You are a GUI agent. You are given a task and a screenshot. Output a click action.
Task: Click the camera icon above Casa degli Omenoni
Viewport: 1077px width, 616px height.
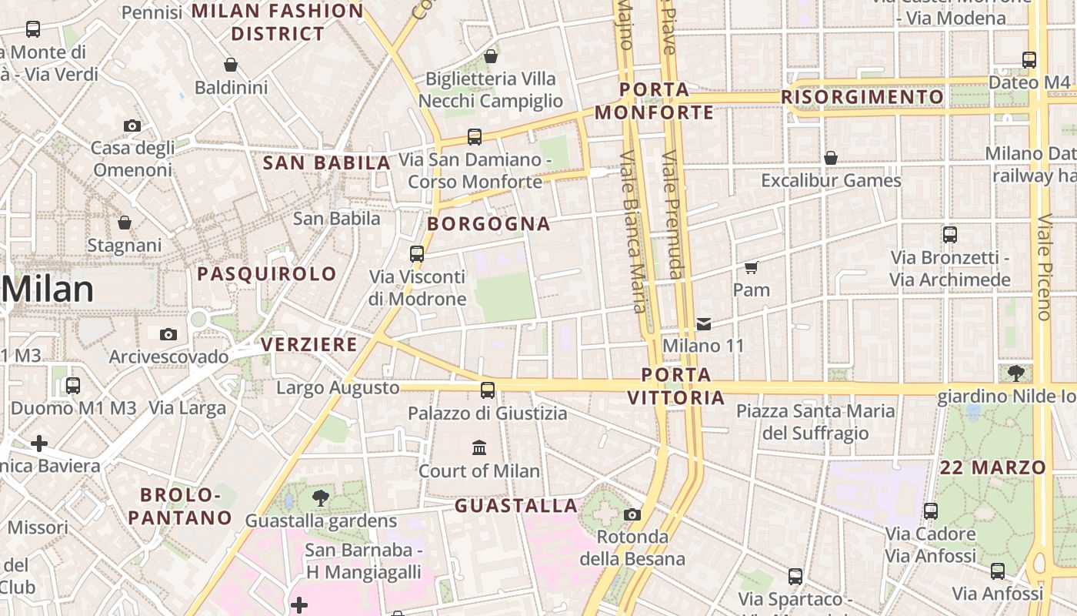[132, 126]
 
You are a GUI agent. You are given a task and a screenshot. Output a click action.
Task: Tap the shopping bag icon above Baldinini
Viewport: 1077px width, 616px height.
[230, 65]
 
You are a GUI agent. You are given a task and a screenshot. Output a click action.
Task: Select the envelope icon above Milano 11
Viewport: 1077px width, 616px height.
[704, 324]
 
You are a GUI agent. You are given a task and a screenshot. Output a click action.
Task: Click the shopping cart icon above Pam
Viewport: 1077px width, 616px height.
[751, 268]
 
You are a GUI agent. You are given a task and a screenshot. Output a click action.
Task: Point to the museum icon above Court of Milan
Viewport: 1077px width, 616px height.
[479, 447]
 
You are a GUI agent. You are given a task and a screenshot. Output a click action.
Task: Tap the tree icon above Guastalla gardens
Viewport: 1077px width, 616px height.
[321, 498]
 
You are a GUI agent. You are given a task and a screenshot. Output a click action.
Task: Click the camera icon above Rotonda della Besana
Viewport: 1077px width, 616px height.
[632, 514]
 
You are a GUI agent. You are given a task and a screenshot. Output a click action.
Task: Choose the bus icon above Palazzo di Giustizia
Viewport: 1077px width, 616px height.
[487, 390]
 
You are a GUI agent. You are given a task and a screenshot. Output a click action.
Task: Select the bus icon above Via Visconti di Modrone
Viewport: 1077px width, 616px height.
[417, 253]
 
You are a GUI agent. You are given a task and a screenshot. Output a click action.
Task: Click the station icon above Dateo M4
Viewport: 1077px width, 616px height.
[1029, 59]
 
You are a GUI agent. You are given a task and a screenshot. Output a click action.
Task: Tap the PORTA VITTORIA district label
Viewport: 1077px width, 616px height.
[676, 387]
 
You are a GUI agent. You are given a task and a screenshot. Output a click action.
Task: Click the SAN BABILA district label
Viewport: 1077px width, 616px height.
[327, 163]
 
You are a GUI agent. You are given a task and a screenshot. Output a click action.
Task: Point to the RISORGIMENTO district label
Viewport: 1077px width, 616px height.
[862, 97]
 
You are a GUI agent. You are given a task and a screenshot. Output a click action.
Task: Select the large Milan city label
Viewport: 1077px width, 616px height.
[48, 290]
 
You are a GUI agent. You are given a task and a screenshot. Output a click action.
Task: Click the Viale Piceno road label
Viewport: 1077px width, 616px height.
[1044, 266]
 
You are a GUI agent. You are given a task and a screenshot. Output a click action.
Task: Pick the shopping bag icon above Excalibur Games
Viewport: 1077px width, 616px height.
[831, 158]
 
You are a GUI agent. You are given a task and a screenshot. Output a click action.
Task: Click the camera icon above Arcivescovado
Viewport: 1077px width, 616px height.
[168, 334]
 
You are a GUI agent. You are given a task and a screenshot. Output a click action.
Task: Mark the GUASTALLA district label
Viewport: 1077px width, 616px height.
[516, 506]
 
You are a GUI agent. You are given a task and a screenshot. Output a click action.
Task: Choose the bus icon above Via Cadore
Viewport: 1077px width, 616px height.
[930, 511]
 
